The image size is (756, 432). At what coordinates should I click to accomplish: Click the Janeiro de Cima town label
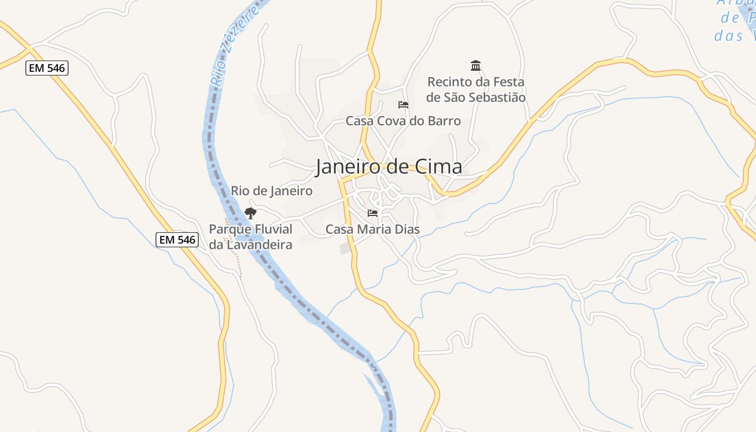click(x=389, y=167)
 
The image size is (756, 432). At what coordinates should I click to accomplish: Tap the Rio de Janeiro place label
click(x=272, y=191)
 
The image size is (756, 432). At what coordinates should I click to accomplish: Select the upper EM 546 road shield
click(x=47, y=68)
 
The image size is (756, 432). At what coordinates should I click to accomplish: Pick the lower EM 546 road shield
click(x=177, y=240)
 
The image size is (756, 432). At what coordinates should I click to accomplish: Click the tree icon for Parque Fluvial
click(x=250, y=213)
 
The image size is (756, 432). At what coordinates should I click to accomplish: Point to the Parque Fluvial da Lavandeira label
click(x=251, y=237)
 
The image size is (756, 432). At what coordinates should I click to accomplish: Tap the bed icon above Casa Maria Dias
click(x=373, y=213)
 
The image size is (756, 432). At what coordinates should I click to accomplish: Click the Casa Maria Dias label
click(x=373, y=230)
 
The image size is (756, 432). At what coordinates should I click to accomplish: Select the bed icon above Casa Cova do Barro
click(x=403, y=104)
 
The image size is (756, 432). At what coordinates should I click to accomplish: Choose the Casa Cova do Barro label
click(x=403, y=121)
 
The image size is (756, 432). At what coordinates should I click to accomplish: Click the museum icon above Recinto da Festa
click(x=476, y=66)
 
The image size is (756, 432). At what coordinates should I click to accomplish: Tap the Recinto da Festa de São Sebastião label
click(x=476, y=90)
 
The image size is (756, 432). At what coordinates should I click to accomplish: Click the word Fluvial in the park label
click(x=273, y=229)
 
